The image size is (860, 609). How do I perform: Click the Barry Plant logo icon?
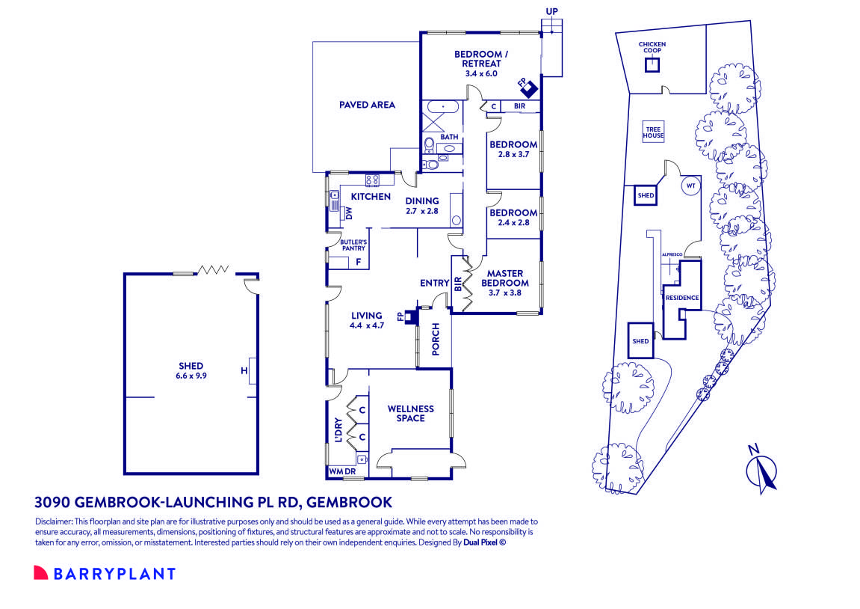pos(40,573)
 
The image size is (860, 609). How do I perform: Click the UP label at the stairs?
pos(552,12)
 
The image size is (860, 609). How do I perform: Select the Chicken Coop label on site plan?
pos(652,48)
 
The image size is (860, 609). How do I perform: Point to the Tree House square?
pos(654,133)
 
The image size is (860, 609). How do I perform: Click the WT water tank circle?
pos(690,186)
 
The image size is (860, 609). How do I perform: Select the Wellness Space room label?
pos(410,413)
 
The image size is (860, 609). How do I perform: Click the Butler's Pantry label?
pos(353,245)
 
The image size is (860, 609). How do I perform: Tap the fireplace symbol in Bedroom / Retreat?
pos(528,88)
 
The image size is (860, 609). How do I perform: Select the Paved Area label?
pos(366,105)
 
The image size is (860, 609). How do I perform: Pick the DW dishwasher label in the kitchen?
pos(348,213)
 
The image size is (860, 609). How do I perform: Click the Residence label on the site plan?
pos(682,298)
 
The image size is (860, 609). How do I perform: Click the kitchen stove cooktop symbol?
pos(373,180)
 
